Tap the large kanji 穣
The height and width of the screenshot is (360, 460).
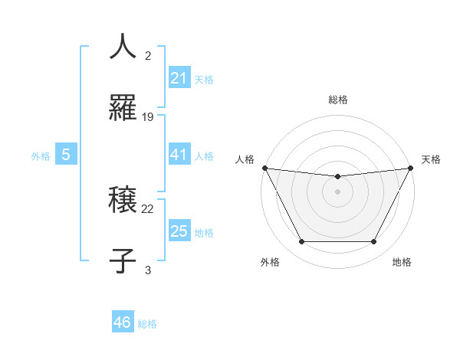[x=123, y=201]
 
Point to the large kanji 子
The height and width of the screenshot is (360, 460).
[x=123, y=260]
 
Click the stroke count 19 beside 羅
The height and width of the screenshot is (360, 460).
[x=148, y=117]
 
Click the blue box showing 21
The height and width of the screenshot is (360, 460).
[x=179, y=78]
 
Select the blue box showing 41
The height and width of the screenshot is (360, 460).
[x=179, y=155]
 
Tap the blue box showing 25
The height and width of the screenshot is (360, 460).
[x=179, y=231]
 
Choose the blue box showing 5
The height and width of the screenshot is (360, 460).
[x=66, y=155]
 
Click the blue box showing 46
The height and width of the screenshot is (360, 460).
[x=122, y=322]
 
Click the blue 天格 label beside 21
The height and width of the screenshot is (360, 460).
[x=204, y=79]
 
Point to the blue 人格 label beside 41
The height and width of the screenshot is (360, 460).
[x=204, y=155]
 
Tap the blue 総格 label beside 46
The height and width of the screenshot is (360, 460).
[x=147, y=323]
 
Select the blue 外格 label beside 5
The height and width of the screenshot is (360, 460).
[x=41, y=155]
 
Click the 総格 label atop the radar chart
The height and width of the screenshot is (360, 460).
[x=337, y=100]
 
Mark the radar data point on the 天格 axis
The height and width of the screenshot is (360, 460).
[x=411, y=168]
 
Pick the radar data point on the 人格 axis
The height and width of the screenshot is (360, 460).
[x=264, y=168]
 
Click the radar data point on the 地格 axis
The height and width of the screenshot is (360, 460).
[x=373, y=242]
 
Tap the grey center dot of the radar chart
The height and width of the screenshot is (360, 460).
[x=337, y=191]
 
